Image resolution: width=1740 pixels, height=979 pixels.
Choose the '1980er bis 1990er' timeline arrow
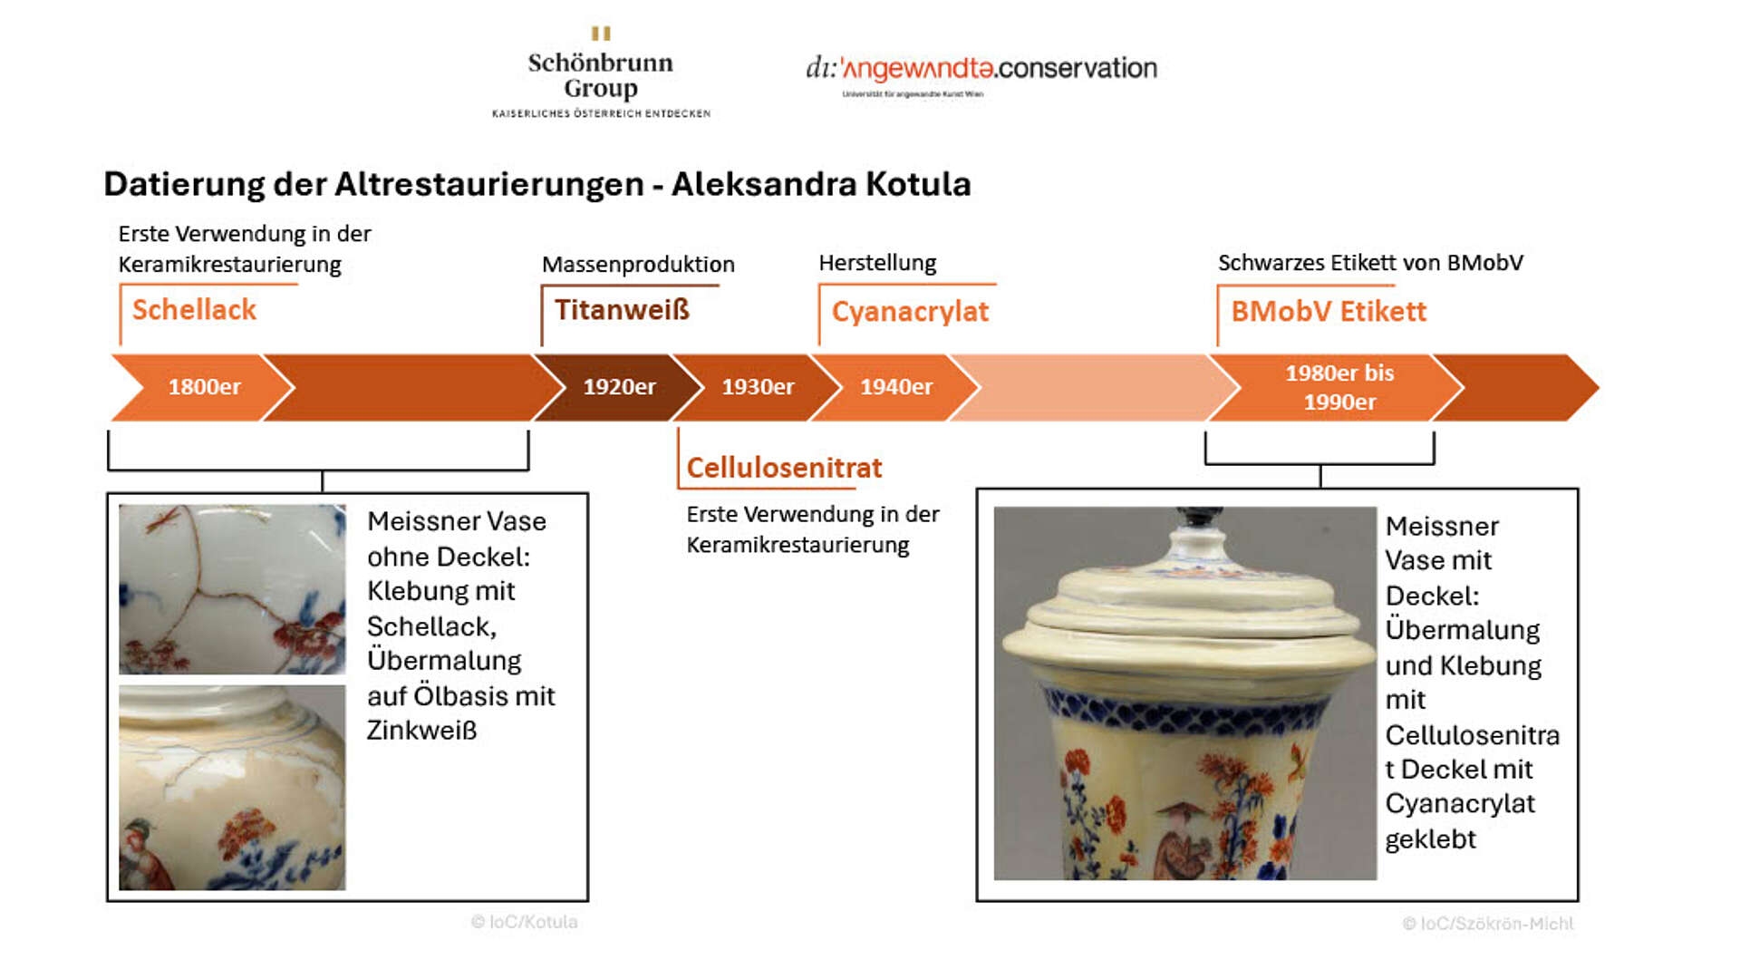(1339, 387)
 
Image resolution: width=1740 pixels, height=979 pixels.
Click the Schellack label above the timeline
(194, 310)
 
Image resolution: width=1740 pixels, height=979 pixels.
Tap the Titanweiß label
(622, 310)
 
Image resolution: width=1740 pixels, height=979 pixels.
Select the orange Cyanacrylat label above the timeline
(910, 312)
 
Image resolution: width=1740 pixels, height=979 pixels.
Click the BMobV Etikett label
(1328, 312)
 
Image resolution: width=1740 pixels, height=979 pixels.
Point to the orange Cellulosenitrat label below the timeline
(784, 468)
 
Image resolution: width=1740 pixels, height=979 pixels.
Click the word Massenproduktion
(638, 265)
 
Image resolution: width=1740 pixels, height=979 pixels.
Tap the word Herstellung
(877, 263)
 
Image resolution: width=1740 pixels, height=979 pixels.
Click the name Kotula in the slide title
(918, 184)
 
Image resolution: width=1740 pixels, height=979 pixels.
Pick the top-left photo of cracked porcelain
(232, 589)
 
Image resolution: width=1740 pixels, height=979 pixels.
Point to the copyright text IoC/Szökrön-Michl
(1487, 924)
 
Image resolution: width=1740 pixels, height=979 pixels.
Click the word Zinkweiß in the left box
(421, 731)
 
